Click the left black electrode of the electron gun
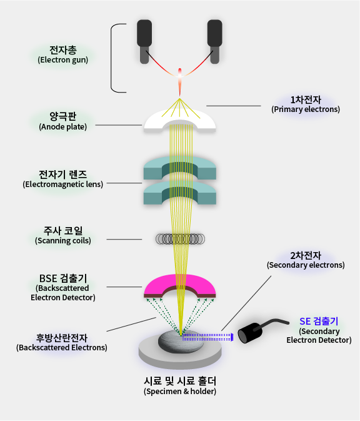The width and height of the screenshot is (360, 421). pos(144,40)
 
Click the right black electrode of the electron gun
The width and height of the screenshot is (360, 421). pos(214,40)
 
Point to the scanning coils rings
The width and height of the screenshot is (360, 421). pos(180,239)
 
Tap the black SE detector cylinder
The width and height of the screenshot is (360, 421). pos(250,333)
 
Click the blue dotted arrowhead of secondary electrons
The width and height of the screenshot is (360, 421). pos(232,337)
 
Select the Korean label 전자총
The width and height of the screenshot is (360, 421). pos(63,50)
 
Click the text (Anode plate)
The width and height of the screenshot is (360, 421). pos(63,127)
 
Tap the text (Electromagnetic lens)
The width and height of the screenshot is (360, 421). pos(63,185)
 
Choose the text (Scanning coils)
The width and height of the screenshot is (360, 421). pos(63,241)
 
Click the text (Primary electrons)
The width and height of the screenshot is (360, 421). pos(306,109)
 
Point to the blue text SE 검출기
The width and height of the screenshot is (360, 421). pos(319,322)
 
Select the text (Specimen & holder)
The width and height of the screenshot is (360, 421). pos(180,391)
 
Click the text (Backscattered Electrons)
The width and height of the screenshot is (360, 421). pos(62,347)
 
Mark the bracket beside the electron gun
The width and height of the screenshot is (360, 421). pos(111,58)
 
